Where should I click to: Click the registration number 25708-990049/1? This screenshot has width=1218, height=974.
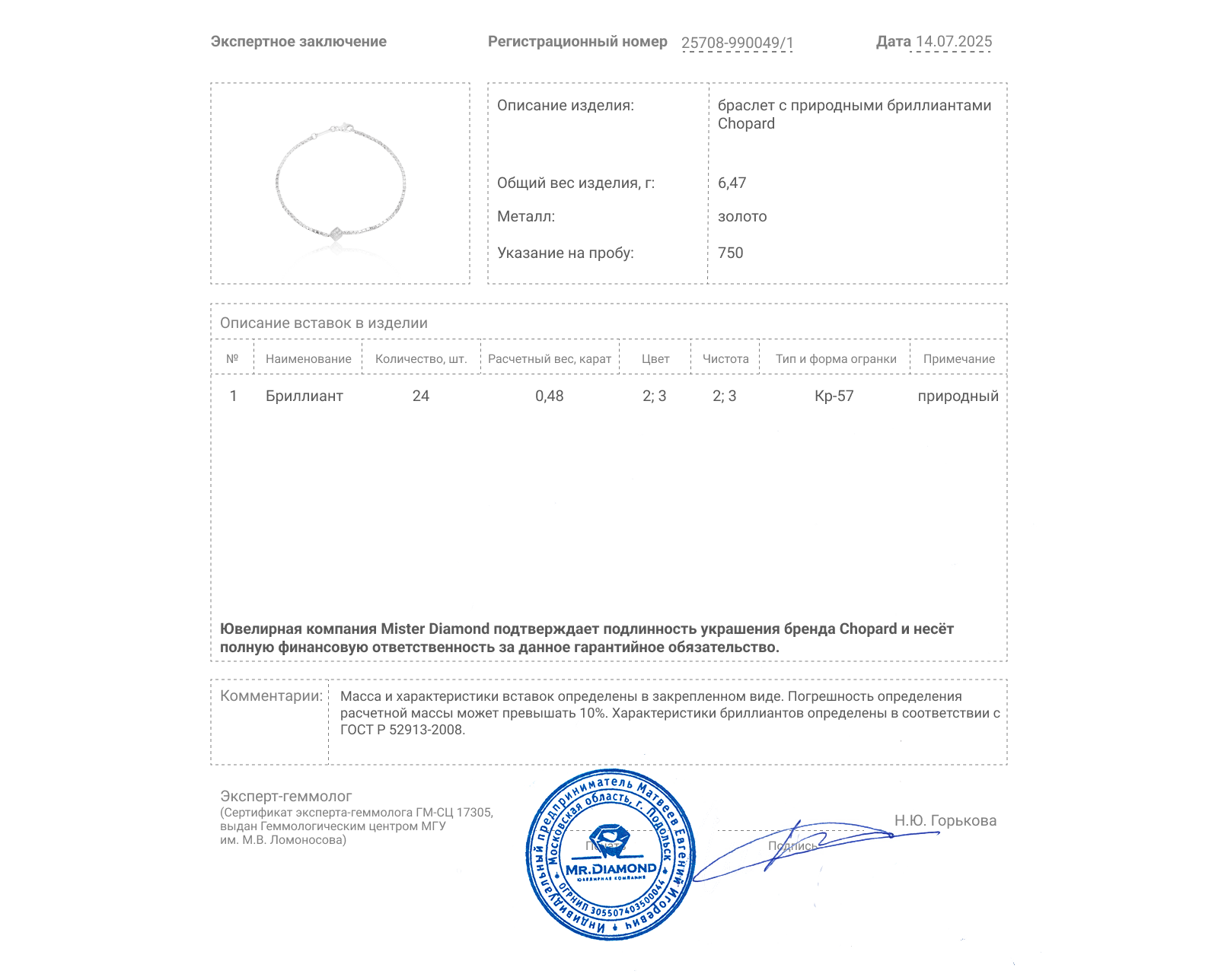[737, 43]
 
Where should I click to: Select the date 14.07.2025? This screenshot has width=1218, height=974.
[954, 42]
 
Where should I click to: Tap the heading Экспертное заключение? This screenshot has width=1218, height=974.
[298, 42]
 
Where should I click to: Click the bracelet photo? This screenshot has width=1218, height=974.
[340, 184]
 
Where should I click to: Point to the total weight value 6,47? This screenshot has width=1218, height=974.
[732, 183]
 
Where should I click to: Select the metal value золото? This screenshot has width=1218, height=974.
[742, 217]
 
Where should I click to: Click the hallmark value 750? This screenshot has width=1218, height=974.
[730, 253]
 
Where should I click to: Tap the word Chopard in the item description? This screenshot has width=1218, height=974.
[746, 124]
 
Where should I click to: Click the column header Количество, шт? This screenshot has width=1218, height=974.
[421, 359]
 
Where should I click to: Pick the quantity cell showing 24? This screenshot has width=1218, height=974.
[421, 396]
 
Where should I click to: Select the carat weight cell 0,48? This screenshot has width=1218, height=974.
[550, 396]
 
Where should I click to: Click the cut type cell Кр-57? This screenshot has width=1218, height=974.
[834, 396]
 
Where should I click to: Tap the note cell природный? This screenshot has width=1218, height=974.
[958, 396]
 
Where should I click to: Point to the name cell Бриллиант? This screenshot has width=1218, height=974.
[304, 396]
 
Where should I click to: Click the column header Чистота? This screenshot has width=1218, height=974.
[725, 359]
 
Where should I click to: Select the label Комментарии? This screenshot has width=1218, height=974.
[271, 696]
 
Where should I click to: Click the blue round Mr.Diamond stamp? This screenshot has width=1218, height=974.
[611, 855]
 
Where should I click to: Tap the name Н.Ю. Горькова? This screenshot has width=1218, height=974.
[945, 821]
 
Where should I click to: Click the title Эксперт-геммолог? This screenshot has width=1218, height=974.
[286, 797]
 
